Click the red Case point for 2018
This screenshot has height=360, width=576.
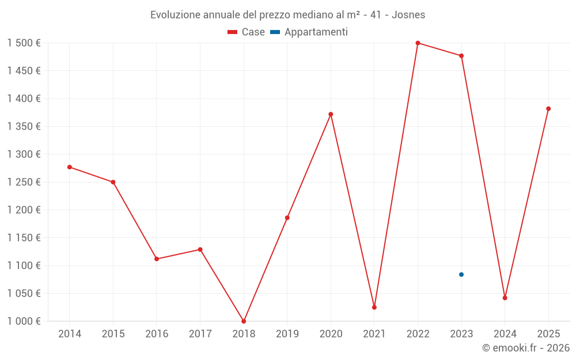click(244, 321)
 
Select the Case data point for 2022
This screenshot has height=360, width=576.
click(418, 43)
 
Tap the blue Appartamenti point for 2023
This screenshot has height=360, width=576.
click(461, 275)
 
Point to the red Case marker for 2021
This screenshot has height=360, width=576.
click(374, 308)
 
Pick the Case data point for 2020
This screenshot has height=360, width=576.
click(331, 114)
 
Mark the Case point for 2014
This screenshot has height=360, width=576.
click(70, 167)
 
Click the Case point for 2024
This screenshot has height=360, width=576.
click(505, 298)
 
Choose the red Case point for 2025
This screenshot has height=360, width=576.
click(548, 109)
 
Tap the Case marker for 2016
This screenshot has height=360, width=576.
click(157, 259)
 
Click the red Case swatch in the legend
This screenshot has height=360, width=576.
click(233, 32)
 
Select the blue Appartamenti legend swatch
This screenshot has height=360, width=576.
click(275, 32)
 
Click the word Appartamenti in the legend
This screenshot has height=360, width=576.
click(316, 32)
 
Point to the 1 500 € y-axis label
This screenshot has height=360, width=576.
click(24, 43)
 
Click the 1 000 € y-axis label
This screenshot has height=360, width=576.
click(24, 321)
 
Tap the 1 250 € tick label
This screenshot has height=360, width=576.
click(24, 182)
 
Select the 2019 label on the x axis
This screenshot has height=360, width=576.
click(287, 334)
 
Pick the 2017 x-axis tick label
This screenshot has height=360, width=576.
click(200, 334)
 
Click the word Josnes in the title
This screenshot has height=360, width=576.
click(408, 15)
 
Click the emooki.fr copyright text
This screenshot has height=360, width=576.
click(526, 348)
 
